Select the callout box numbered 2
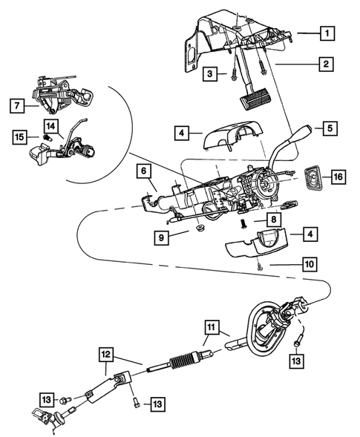point(324,65)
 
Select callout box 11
point(212,327)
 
